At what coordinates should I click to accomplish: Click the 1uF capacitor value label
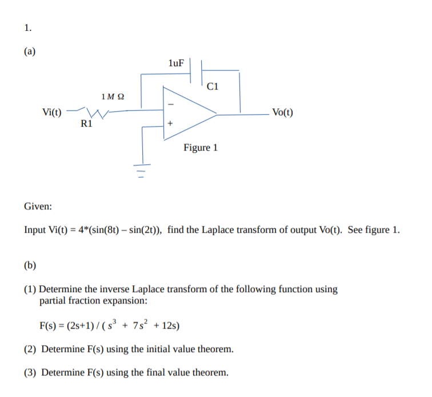click(x=176, y=62)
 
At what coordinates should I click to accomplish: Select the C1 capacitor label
click(x=213, y=87)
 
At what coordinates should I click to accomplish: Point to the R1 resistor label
click(x=87, y=122)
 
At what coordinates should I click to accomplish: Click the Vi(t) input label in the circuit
click(x=53, y=111)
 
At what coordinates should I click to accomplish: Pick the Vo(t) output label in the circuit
click(x=283, y=112)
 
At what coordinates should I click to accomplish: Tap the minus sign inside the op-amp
click(x=170, y=104)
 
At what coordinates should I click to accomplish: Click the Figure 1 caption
click(x=201, y=148)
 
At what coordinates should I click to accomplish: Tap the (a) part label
click(x=29, y=51)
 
